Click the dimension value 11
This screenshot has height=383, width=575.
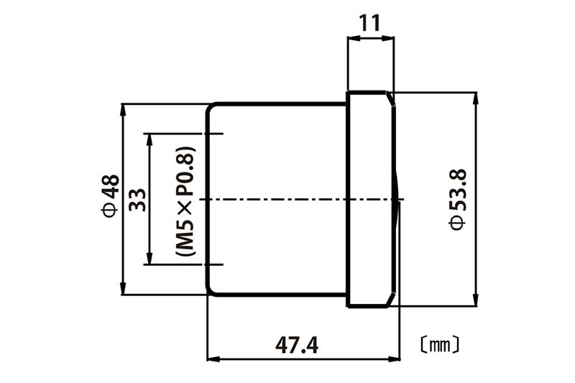pyautogui.click(x=369, y=23)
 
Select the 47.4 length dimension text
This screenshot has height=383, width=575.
pyautogui.click(x=297, y=345)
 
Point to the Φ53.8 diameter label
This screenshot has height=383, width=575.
pyautogui.click(x=458, y=199)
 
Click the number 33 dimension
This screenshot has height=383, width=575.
pyautogui.click(x=138, y=199)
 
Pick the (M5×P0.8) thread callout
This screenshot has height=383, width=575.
pyautogui.click(x=185, y=202)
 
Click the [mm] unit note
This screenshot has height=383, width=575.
pyautogui.click(x=440, y=345)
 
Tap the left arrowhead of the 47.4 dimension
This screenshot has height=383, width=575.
pyautogui.click(x=213, y=359)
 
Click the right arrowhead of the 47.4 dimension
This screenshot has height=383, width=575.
pyautogui.click(x=393, y=359)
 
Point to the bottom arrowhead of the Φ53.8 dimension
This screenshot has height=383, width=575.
pyautogui.click(x=476, y=300)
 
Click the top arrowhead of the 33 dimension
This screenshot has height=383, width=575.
pyautogui.click(x=149, y=139)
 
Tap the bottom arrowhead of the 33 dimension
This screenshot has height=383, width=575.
pyautogui.click(x=149, y=258)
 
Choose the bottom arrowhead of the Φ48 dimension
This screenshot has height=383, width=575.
pyautogui.click(x=123, y=288)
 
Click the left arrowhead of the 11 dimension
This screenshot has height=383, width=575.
pyautogui.click(x=354, y=37)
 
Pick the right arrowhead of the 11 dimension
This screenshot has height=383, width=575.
pyautogui.click(x=388, y=37)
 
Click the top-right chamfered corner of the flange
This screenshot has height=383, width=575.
pyautogui.click(x=390, y=98)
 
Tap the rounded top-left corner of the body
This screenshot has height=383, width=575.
pyautogui.click(x=211, y=108)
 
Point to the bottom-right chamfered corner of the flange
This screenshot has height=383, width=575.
pyautogui.click(x=390, y=300)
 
